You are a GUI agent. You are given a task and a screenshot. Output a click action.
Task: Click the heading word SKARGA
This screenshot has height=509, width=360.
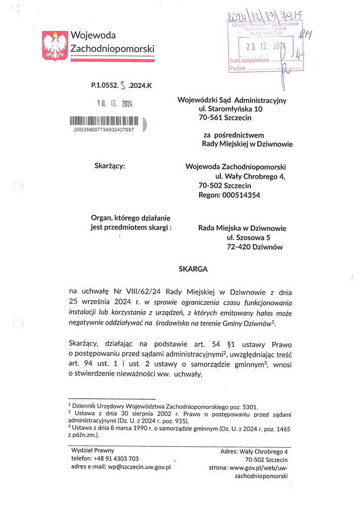pos(193,269)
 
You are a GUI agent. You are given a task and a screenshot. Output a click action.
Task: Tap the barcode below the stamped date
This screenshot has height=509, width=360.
pos(104,120)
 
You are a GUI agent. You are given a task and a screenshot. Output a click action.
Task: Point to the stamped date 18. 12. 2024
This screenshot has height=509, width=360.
pos(114,104)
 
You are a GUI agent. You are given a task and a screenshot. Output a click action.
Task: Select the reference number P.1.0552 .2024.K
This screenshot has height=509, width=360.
pos(121,85)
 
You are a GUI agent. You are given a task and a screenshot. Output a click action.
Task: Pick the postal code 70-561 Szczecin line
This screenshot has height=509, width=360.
pos(225,118)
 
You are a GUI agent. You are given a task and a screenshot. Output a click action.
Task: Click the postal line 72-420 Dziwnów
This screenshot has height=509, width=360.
pos(255,247)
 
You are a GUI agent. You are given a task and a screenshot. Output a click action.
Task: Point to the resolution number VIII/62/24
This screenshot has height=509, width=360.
pos(141,291)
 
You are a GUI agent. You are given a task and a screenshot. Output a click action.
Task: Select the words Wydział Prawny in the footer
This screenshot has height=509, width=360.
pos(93,450)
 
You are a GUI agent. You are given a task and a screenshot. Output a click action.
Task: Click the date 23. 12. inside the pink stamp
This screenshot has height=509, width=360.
pos(259,47)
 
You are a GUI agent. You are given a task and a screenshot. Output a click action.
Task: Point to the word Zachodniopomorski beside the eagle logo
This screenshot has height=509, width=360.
pos(112,48)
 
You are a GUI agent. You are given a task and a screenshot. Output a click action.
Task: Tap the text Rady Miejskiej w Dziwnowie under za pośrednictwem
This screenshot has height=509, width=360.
pos(247,144)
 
